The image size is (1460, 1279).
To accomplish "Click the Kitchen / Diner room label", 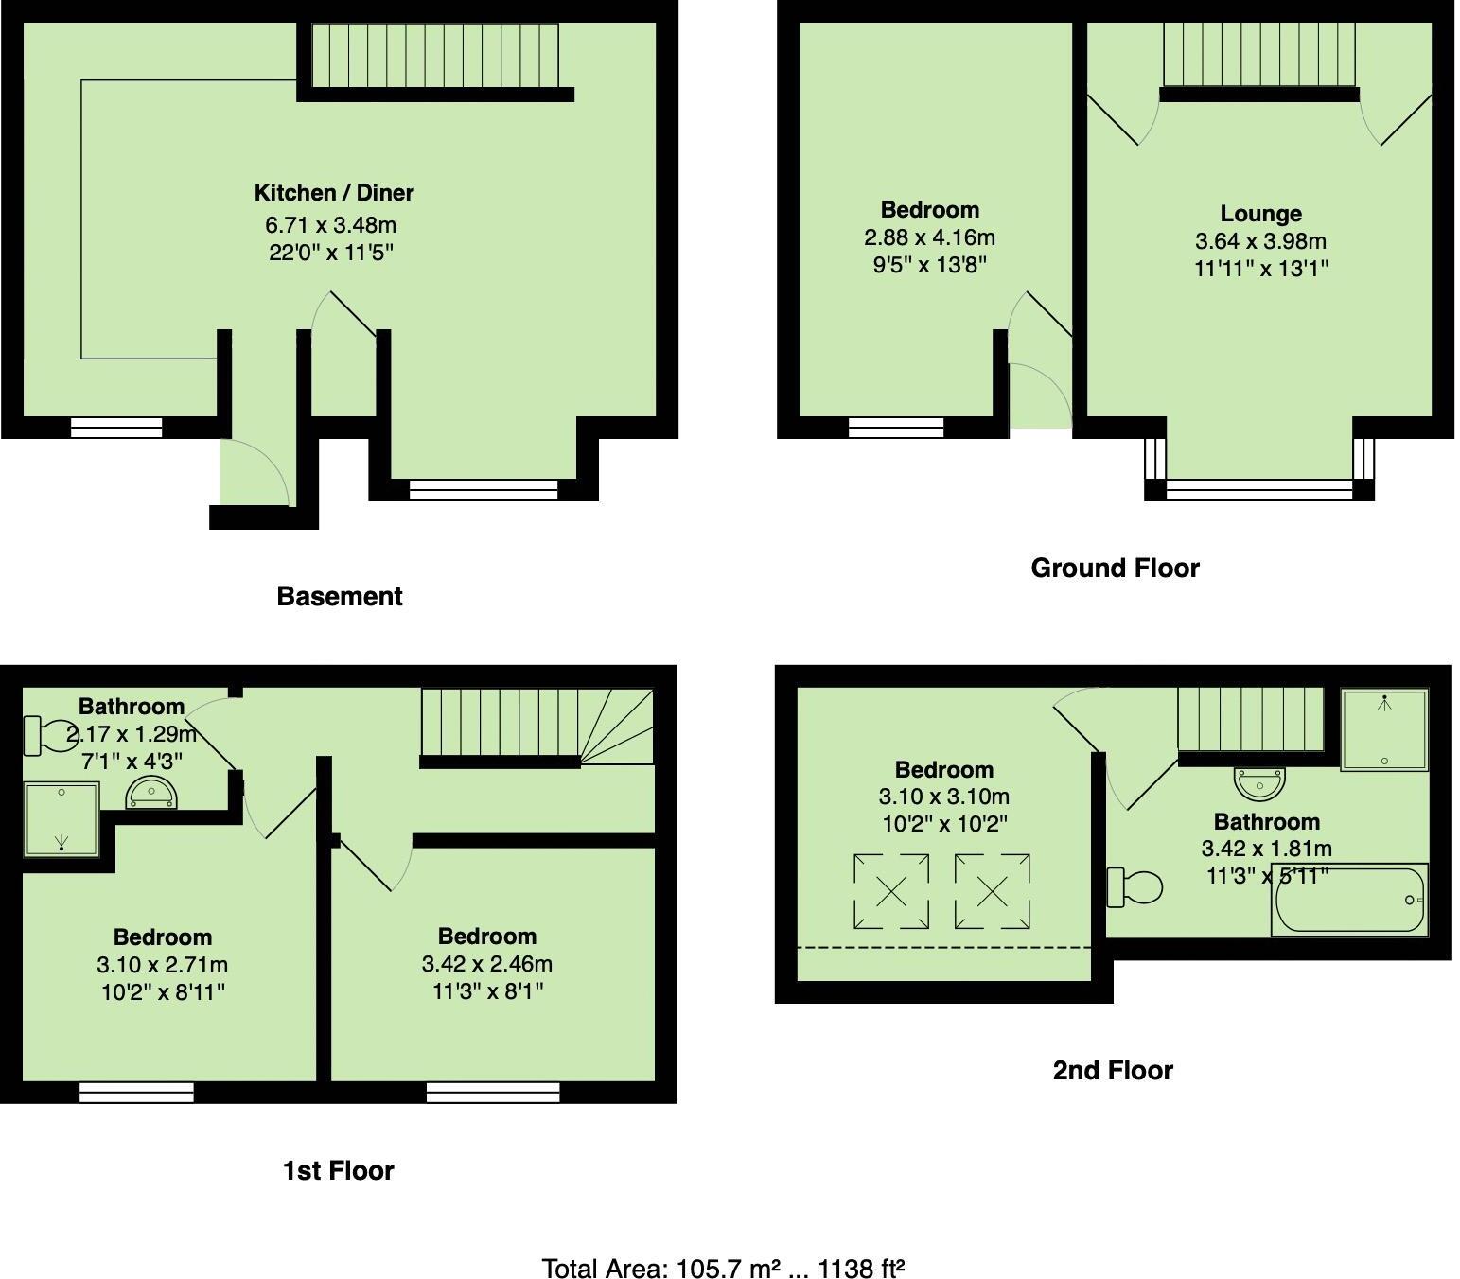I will (x=334, y=193).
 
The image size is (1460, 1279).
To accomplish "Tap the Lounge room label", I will (x=1260, y=214).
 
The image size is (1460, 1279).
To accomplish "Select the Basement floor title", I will (x=339, y=596).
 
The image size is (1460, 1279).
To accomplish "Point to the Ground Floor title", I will (x=1115, y=568).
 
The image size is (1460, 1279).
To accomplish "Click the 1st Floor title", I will (x=338, y=1170).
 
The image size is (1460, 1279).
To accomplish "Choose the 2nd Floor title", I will (x=1113, y=1070).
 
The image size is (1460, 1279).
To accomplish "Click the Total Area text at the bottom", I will (x=723, y=1268).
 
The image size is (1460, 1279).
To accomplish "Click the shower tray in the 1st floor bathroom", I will (x=62, y=819).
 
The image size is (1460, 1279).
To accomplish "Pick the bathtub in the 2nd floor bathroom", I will (x=1350, y=900).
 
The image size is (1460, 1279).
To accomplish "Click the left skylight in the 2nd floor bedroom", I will (x=891, y=891).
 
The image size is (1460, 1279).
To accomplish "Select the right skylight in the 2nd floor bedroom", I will (x=992, y=891).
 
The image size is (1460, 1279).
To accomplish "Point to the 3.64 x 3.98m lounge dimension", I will (x=1260, y=241).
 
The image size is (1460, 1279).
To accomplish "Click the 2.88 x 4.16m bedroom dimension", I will (x=929, y=237).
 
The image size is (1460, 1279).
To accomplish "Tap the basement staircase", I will (x=435, y=55).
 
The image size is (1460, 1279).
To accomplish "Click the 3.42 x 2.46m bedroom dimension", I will (x=486, y=964).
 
